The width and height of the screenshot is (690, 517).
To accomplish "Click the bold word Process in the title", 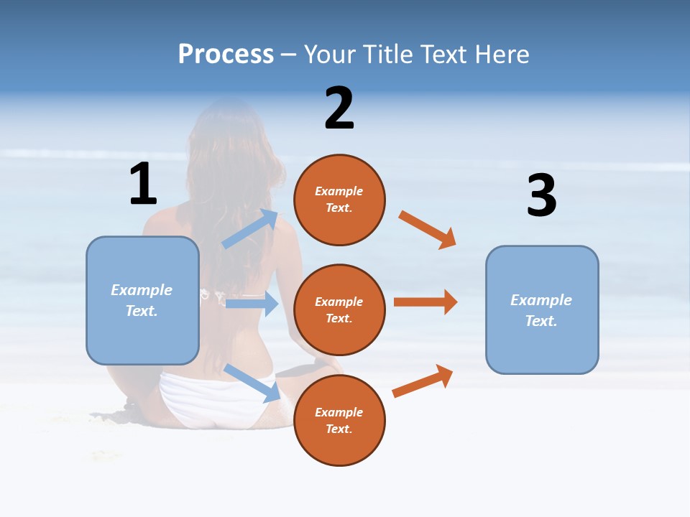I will click(x=226, y=55).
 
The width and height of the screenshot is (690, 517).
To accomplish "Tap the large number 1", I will click(x=143, y=185).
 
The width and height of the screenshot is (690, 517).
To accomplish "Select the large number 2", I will click(x=339, y=108).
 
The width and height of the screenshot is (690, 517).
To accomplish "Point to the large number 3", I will click(x=541, y=195).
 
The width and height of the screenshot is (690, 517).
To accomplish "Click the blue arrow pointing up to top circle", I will click(x=251, y=229).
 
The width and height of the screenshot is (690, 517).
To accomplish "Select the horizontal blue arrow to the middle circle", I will click(x=252, y=304).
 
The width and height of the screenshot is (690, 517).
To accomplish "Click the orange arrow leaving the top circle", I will click(x=428, y=230).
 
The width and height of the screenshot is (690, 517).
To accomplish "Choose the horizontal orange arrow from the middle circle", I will click(x=425, y=302).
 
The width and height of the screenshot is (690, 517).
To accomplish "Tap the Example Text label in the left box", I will click(x=142, y=300).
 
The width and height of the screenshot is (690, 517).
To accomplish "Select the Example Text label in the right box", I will click(x=541, y=310).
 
